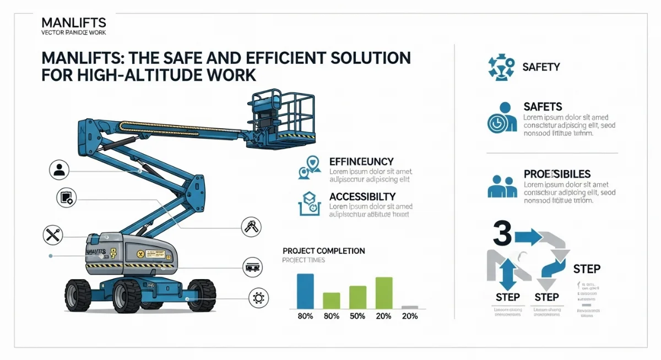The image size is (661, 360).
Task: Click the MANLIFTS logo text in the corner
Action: coord(74,23)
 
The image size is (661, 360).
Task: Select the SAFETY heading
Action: coord(541,67)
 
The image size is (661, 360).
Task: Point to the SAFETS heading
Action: coord(543,106)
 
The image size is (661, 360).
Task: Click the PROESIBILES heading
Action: coord(557,174)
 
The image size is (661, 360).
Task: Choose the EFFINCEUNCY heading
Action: coord(361,161)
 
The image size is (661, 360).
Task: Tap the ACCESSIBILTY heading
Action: coord(362,196)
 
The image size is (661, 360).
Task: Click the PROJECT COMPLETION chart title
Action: coord(323,251)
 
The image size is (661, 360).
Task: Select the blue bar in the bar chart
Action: coord(305,291)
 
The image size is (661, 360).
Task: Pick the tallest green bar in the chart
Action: coord(384,292)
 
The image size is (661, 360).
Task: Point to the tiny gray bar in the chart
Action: coord(409,307)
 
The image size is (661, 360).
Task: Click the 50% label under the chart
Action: coord(357,316)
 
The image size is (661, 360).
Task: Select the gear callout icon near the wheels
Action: coord(257,297)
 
